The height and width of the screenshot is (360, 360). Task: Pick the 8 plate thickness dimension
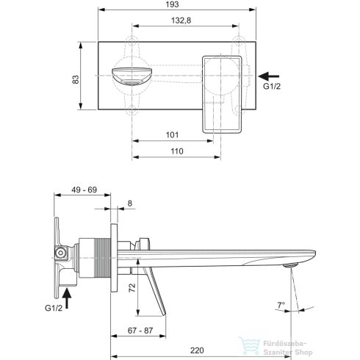coord(129,205)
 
